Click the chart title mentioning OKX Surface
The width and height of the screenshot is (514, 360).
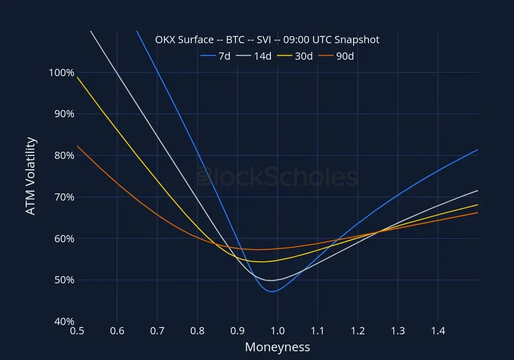pyautogui.click(x=267, y=40)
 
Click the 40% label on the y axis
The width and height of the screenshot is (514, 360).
pyautogui.click(x=64, y=321)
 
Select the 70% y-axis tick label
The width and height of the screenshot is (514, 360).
pyautogui.click(x=64, y=197)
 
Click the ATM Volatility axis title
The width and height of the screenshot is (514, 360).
pyautogui.click(x=31, y=176)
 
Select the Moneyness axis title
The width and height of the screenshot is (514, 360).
pyautogui.click(x=278, y=347)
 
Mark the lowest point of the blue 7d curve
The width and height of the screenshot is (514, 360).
pyautogui.click(x=272, y=292)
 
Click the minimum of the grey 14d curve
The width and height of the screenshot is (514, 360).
pyautogui.click(x=271, y=280)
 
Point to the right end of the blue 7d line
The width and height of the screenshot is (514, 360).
pyautogui.click(x=478, y=150)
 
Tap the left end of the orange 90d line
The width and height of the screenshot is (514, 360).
pyautogui.click(x=77, y=146)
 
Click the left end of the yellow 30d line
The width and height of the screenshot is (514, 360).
pyautogui.click(x=77, y=77)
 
